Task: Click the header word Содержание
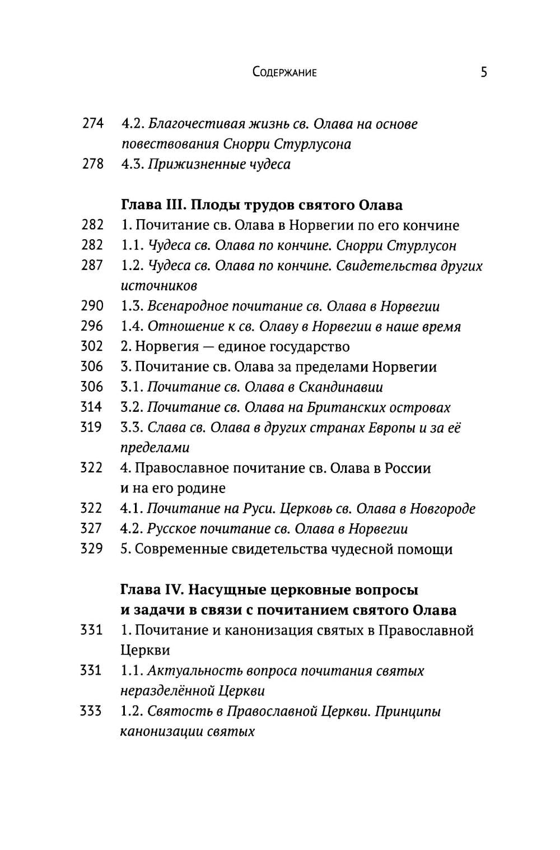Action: click(284, 72)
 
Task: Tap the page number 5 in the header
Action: click(484, 72)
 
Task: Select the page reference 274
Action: click(93, 123)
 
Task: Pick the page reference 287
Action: click(92, 266)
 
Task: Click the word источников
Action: click(158, 286)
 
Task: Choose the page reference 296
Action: click(92, 326)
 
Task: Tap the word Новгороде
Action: click(442, 509)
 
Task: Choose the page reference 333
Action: click(91, 711)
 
